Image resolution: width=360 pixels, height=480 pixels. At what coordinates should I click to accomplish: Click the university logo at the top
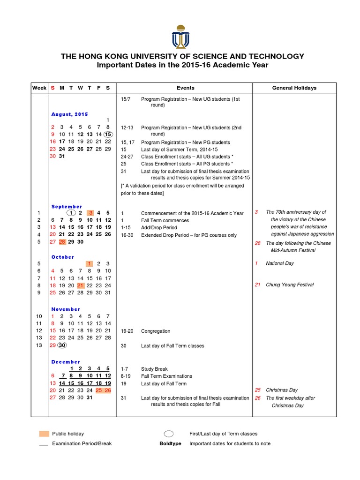[180, 37]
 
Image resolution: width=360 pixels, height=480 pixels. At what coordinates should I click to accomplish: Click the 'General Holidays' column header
[294, 88]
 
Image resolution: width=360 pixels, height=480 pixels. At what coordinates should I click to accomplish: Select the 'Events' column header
[185, 88]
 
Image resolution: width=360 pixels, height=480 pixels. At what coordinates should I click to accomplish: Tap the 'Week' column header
[39, 88]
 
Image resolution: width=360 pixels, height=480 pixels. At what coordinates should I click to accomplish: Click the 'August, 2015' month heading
[69, 114]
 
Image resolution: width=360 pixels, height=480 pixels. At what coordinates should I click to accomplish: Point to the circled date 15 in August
[108, 134]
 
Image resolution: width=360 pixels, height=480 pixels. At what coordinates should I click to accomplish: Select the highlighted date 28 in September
[62, 242]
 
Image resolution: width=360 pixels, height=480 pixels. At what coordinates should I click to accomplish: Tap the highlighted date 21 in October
[80, 285]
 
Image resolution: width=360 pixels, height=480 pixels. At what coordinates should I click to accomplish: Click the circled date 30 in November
[62, 345]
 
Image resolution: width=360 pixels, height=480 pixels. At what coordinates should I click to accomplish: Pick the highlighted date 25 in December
[99, 390]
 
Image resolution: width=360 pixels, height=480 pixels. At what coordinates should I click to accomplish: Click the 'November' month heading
[66, 309]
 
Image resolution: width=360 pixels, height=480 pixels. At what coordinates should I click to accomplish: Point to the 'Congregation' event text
[156, 331]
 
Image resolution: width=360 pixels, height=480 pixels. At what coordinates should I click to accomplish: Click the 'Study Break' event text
[154, 369]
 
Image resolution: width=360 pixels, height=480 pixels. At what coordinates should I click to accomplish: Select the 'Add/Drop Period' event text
[159, 228]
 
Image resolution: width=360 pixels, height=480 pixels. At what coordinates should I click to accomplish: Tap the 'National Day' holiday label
[280, 263]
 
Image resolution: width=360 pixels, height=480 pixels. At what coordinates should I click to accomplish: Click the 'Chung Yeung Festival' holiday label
[290, 285]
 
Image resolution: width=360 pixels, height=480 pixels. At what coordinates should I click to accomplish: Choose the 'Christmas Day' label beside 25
[282, 390]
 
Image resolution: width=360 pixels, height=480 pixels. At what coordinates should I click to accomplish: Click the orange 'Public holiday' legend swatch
[44, 434]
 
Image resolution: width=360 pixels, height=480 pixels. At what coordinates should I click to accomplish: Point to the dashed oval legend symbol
[169, 434]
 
